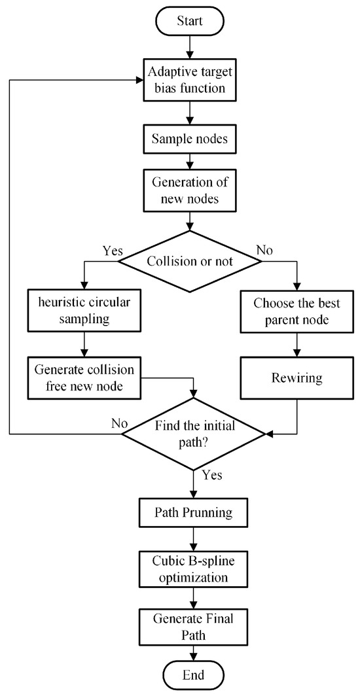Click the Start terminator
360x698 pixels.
click(x=190, y=20)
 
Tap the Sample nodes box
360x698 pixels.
click(x=190, y=139)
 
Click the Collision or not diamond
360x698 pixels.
click(x=190, y=261)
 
